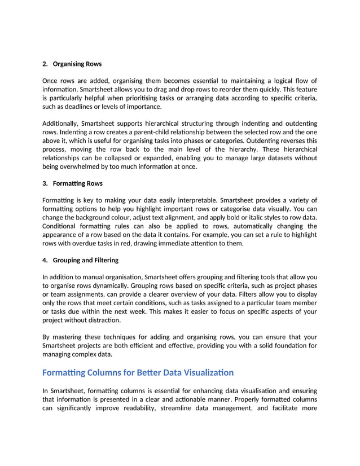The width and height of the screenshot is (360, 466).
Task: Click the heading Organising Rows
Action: [77, 64]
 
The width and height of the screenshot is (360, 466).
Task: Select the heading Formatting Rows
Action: [77, 183]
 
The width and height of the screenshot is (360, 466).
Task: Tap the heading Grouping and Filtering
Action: [85, 260]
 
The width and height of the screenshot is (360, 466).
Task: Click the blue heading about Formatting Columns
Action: [138, 372]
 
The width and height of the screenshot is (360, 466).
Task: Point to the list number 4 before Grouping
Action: [45, 260]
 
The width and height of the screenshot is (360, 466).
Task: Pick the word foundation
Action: [292, 345]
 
